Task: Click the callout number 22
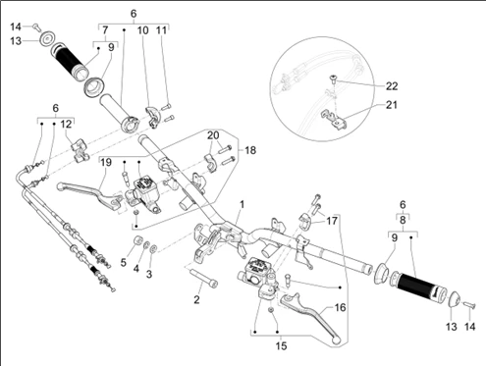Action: [x=392, y=86]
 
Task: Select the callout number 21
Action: [x=392, y=105]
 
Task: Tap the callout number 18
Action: [x=250, y=150]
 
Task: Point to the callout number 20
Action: [x=213, y=135]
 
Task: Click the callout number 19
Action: [x=106, y=162]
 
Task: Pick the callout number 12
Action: [x=66, y=125]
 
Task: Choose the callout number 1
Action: [x=242, y=205]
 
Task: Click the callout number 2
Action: [x=196, y=299]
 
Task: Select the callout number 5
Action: [x=123, y=262]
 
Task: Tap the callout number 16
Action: [x=341, y=307]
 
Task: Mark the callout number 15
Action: [x=281, y=345]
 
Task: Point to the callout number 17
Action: [x=332, y=221]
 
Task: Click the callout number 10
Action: [x=142, y=30]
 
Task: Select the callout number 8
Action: [x=403, y=220]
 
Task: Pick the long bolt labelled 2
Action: [x=203, y=277]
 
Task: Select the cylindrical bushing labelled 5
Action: [x=137, y=239]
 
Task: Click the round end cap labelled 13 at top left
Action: [x=46, y=38]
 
